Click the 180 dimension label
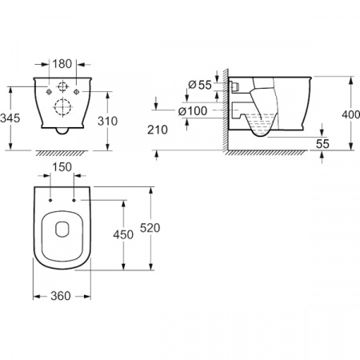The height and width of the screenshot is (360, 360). (62, 64)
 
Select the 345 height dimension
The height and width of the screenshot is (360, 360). (10, 118)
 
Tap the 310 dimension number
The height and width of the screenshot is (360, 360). (107, 121)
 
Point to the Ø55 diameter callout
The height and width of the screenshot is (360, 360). (200, 85)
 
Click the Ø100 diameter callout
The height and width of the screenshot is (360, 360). (193, 111)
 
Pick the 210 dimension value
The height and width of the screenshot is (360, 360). (158, 130)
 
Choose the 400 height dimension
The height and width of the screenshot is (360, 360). (351, 114)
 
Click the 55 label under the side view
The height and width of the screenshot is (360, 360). (322, 144)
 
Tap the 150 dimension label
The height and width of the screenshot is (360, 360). (62, 167)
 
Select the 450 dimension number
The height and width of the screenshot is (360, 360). (123, 234)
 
